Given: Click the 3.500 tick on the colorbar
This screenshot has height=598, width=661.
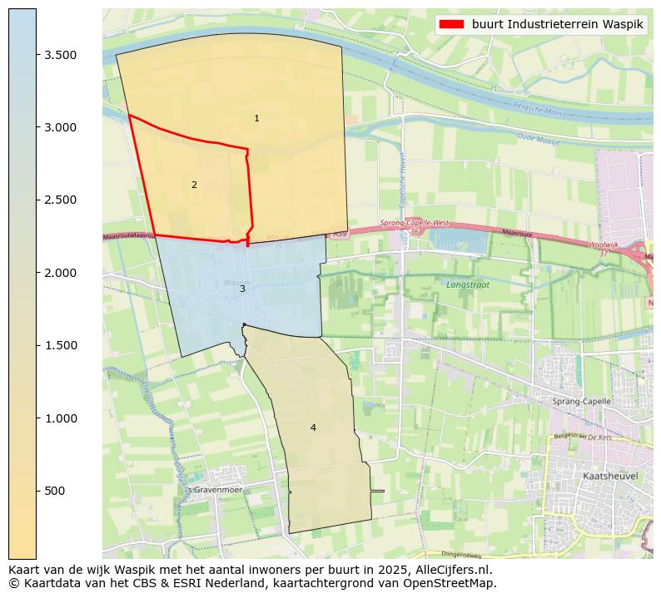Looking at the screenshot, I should coord(61,55).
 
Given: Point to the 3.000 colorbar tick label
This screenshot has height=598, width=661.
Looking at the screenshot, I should coord(61,127).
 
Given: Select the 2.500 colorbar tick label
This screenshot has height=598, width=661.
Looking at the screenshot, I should coord(61,200).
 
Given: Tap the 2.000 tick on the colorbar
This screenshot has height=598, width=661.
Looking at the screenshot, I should coord(61,273).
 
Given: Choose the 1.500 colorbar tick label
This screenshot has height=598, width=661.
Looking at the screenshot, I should coord(61,345).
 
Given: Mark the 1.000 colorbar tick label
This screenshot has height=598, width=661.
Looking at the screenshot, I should coord(61,418).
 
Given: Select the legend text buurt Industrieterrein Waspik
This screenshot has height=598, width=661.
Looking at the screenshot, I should coord(557,24).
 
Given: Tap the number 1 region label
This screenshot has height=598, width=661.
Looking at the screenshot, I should coord(256,119).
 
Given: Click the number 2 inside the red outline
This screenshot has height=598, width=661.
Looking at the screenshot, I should coord(194,185).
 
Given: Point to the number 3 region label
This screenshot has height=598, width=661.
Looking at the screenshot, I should coord(242,289).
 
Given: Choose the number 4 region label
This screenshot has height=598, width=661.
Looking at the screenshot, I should coord(313,428).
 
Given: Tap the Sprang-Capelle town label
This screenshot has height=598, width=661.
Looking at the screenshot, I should coord(581,401).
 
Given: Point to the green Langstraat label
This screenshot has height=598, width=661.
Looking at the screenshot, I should coord(467,284).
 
